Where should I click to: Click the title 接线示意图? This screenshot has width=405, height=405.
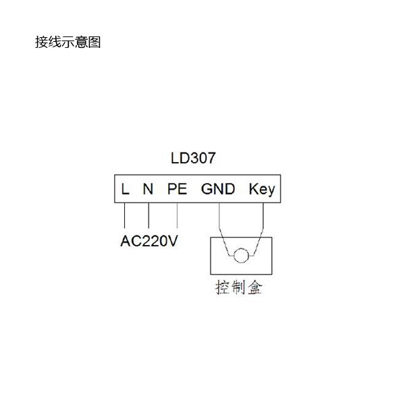point(68,42)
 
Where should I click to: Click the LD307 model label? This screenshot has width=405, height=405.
point(193,158)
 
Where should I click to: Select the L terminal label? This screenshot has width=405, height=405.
point(125,189)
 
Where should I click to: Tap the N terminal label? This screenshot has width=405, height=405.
point(148,189)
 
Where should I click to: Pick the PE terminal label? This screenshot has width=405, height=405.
point(177,189)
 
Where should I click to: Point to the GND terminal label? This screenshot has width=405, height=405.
point(218,189)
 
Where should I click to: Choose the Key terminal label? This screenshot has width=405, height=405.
point(262,190)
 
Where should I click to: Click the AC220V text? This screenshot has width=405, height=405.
point(149,241)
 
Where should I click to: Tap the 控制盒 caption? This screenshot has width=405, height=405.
point(239,288)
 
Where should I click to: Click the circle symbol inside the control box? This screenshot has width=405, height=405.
point(241,255)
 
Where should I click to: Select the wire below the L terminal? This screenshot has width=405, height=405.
point(124,215)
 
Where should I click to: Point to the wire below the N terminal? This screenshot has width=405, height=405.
point(148,215)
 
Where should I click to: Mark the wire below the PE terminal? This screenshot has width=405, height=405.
point(177,215)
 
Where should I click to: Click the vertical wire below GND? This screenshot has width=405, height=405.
point(219,215)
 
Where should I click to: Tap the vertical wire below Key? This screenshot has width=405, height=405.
point(263,215)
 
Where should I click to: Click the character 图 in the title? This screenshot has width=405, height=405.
point(94,42)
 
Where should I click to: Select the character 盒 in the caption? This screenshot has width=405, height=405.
point(255,288)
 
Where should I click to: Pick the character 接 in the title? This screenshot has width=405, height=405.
point(41,42)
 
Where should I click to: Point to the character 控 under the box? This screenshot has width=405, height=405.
point(223,288)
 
